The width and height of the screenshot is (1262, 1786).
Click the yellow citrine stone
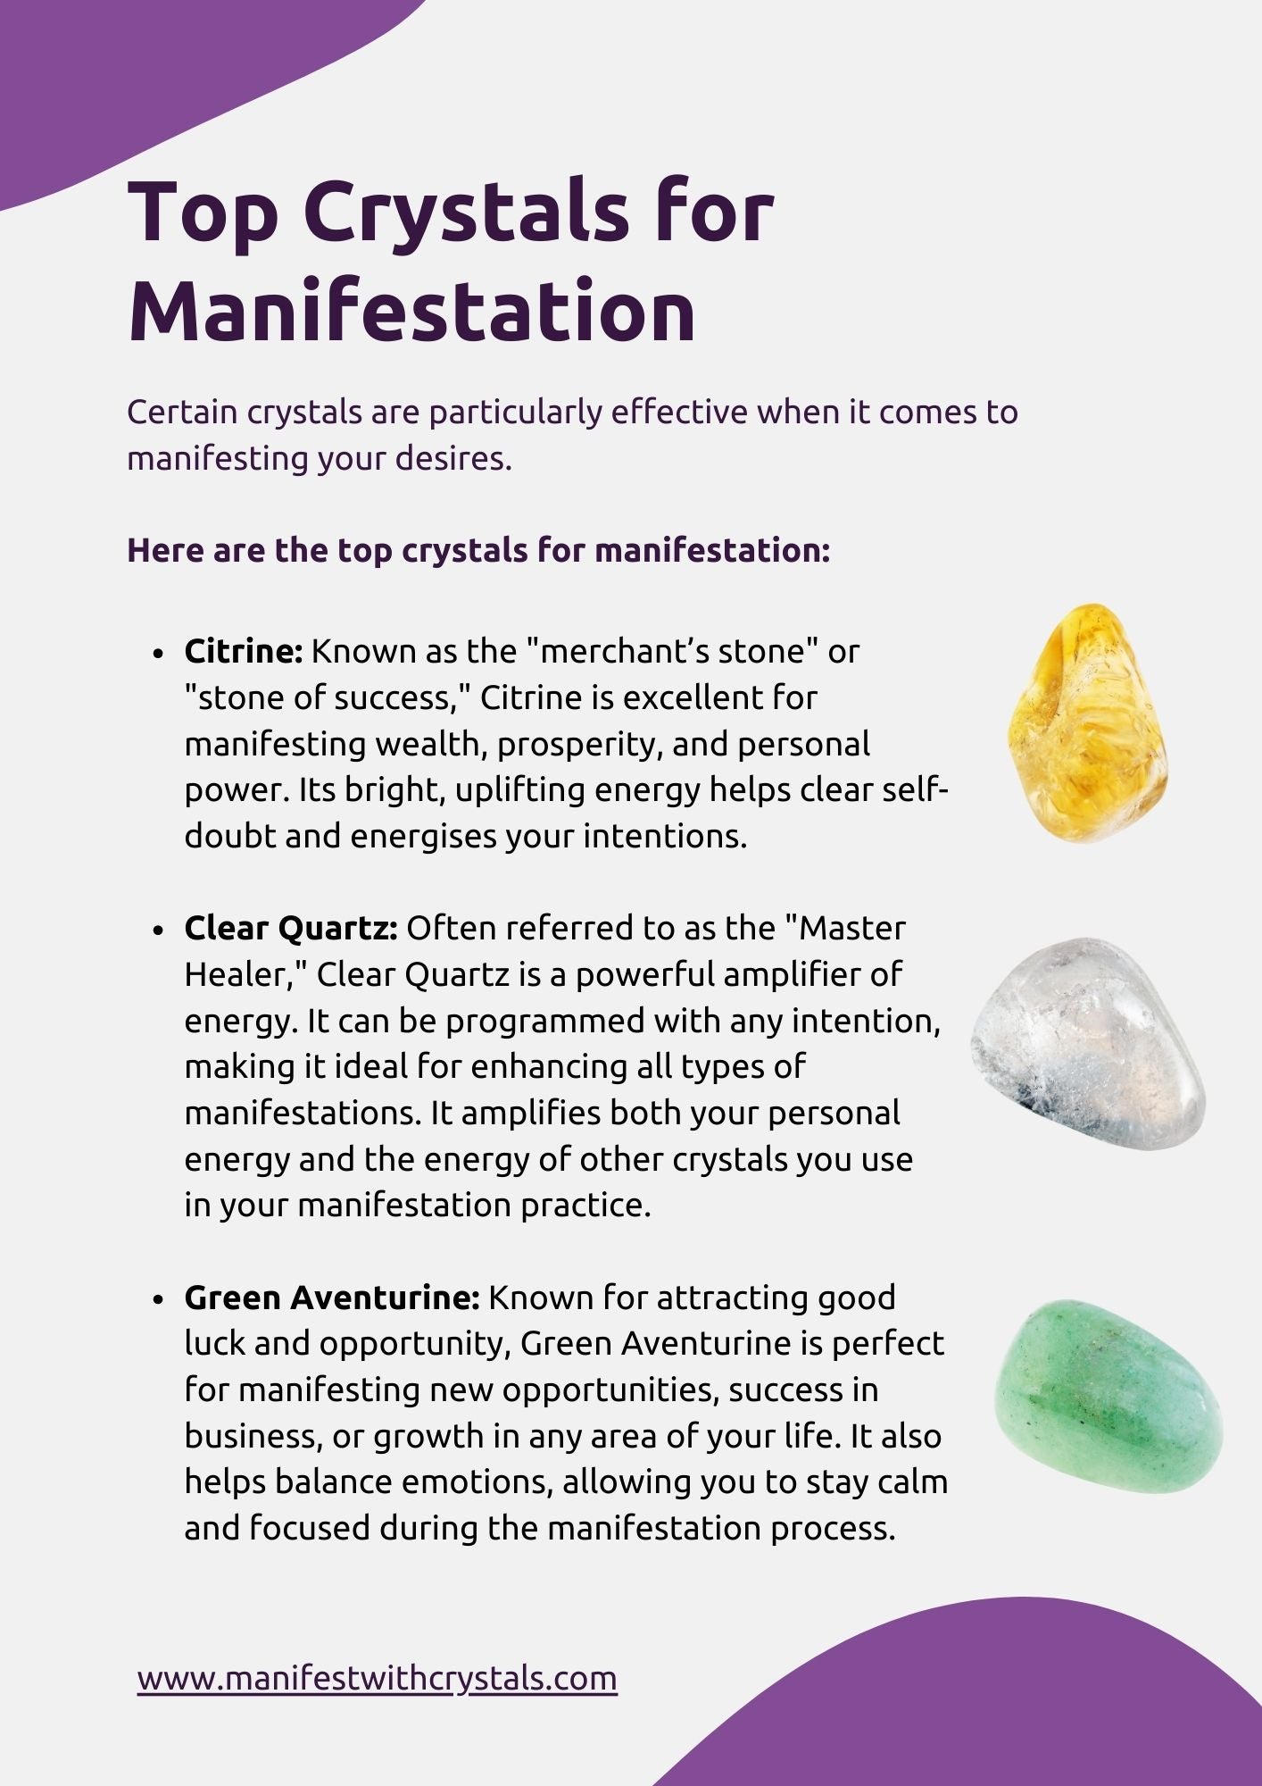pos(1087,723)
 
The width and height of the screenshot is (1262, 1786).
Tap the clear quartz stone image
pos(1088,1043)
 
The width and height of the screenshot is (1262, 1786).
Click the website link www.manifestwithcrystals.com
pos(378,1679)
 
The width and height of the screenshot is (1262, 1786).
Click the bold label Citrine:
pos(244,651)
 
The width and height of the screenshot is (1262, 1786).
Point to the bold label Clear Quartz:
pos(291,929)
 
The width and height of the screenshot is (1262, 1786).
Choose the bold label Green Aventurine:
pos(332,1298)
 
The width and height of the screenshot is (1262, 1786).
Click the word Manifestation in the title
pos(411,311)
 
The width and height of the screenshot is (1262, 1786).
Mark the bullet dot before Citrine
pos(159,654)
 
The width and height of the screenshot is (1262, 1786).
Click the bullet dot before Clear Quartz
pos(159,931)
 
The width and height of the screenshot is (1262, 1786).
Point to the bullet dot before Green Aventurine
pos(159,1299)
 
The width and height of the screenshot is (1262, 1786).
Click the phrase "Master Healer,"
pos(544,951)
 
